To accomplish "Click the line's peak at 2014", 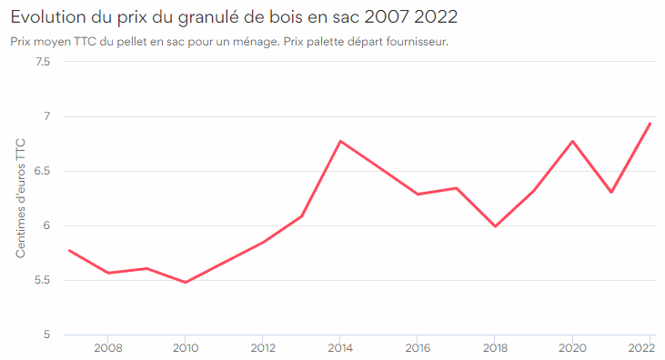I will tap(340, 141).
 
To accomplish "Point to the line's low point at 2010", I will tap(186, 282).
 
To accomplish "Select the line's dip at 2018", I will tap(495, 226).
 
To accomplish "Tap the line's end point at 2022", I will tap(650, 124).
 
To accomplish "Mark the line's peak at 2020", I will tap(572, 141).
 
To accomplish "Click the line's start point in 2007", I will tap(69, 250).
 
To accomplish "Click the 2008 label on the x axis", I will tap(108, 348).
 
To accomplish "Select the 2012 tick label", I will tap(263, 348).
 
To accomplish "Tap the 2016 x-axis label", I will tap(418, 348).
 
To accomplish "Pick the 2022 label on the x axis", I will tap(648, 348).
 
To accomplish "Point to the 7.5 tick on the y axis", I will tap(41, 62).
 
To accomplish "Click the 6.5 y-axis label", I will tap(41, 171).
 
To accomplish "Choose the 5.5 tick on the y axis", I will tap(41, 280).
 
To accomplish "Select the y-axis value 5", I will tap(45, 335).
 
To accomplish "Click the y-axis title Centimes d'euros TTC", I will tap(21, 198).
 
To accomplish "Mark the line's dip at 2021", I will tap(611, 192).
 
